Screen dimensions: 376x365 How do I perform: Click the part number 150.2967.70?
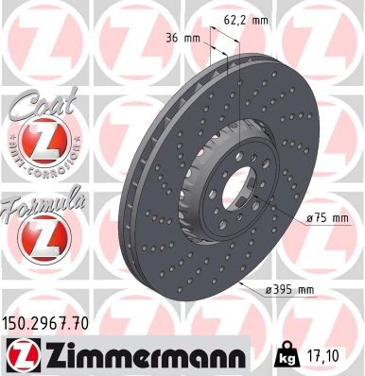coord(48,322)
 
